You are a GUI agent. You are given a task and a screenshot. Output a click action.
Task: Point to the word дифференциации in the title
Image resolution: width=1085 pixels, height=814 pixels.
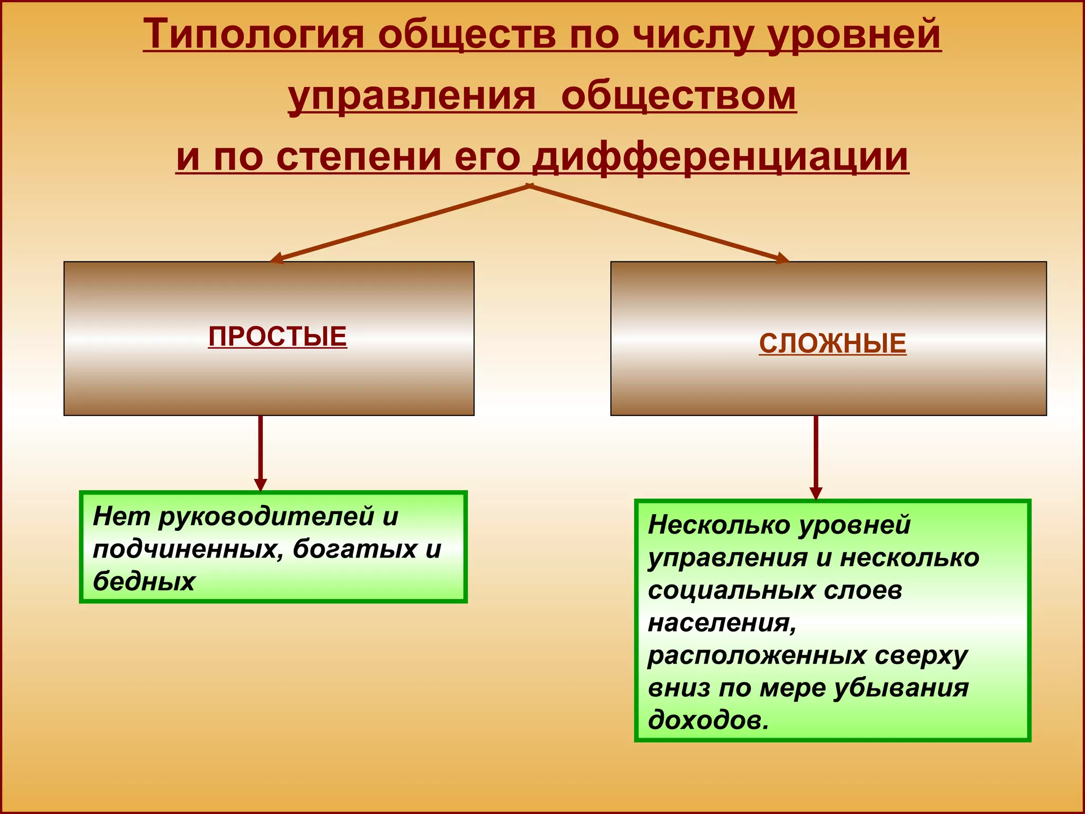[721, 157]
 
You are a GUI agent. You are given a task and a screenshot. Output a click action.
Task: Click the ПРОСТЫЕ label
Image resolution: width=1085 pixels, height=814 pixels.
[278, 337]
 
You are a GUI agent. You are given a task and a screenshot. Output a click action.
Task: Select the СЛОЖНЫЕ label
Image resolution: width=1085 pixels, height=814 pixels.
[832, 343]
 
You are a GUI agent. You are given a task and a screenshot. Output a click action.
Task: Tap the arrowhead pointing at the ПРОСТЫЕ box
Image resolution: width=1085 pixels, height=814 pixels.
[276, 259]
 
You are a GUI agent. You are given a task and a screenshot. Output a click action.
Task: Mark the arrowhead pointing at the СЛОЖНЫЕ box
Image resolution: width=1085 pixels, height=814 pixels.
[782, 259]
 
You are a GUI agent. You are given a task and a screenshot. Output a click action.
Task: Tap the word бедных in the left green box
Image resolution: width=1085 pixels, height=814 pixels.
[144, 581]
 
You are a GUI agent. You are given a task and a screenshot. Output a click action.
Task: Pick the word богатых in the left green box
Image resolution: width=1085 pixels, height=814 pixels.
[354, 548]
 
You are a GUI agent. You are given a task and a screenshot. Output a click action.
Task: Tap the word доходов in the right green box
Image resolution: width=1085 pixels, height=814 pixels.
[707, 720]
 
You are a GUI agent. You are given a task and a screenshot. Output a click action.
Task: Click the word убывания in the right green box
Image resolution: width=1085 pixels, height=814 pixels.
[901, 688]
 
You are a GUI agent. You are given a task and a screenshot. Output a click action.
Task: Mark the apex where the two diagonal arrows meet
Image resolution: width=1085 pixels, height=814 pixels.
[529, 185]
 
